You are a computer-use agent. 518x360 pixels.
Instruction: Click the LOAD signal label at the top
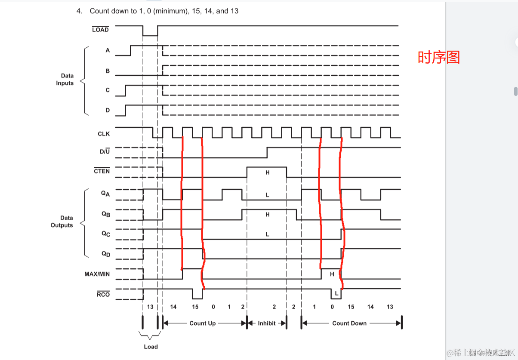[100, 30]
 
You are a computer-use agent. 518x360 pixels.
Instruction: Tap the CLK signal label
[104, 134]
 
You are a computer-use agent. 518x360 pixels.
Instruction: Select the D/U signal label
[105, 151]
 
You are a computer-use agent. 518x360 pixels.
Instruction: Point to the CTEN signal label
[102, 171]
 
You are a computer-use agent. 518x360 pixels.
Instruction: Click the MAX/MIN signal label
[97, 274]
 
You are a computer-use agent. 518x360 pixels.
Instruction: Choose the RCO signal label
[103, 294]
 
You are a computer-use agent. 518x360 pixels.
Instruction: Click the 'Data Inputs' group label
[65, 80]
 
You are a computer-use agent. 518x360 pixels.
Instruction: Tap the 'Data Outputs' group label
[62, 222]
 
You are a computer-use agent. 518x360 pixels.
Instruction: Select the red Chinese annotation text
[439, 57]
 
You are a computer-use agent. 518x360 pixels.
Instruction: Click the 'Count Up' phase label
[203, 323]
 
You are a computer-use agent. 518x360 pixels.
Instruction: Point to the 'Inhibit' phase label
[267, 323]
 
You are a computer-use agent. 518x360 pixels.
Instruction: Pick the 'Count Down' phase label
[349, 323]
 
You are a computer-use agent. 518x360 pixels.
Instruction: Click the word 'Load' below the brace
[151, 347]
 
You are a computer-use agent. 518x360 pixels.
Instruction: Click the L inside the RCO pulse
[336, 293]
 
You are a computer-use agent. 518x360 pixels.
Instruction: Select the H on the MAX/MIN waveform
[332, 274]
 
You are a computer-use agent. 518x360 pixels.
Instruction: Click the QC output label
[106, 234]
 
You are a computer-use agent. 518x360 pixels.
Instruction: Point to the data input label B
[108, 71]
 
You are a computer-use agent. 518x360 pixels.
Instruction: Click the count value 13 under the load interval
[150, 307]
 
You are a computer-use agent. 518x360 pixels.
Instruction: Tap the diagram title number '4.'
[80, 11]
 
